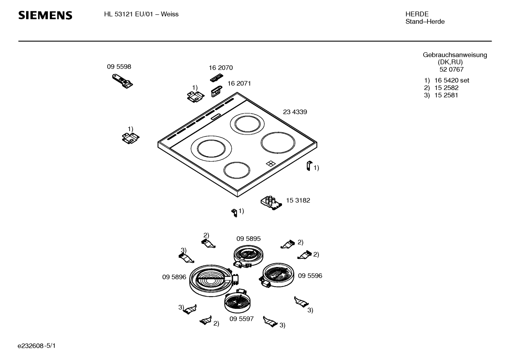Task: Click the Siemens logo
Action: (45, 16)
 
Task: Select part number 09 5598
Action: (119, 67)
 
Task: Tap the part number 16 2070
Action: (221, 67)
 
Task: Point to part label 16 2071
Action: (239, 83)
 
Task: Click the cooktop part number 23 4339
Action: (295, 112)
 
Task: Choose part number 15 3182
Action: (298, 200)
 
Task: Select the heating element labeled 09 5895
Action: (248, 256)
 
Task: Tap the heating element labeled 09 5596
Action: (276, 275)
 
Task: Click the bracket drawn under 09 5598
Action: (122, 81)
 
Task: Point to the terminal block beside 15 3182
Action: (271, 203)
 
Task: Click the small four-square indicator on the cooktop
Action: (270, 164)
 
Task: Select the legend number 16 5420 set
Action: (451, 80)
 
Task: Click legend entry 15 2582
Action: (446, 88)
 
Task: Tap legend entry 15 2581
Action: (446, 95)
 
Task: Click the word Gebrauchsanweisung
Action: (455, 55)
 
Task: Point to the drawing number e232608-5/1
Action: (37, 346)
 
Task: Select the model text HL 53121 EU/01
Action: (128, 14)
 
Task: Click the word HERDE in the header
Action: (417, 14)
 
